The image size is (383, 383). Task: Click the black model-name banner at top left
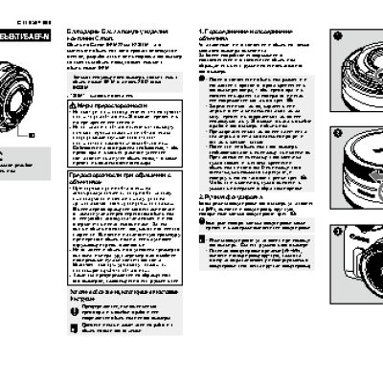coord(22,35)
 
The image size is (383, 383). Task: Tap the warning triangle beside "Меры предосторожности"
coord(75,103)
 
